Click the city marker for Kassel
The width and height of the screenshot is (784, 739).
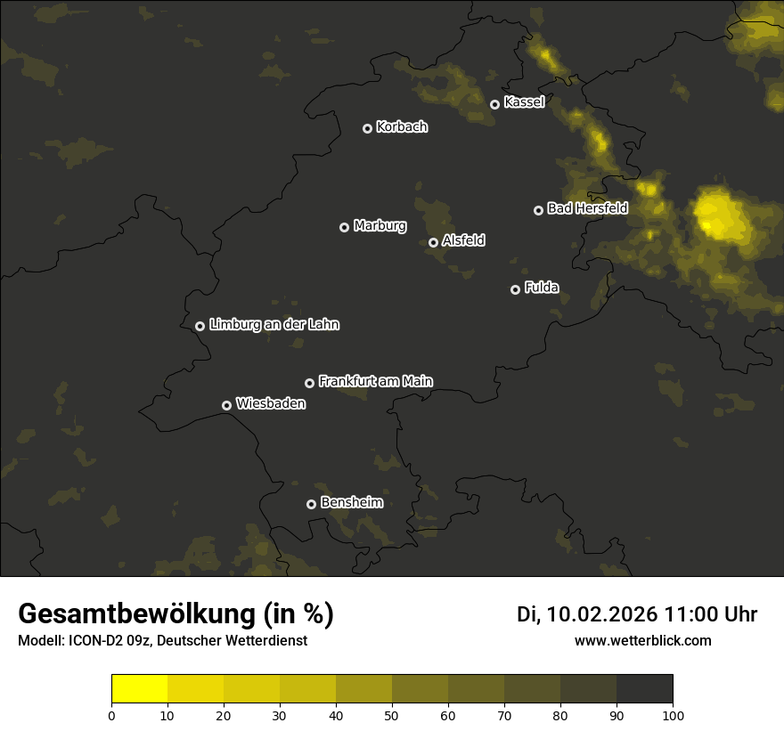[495, 104]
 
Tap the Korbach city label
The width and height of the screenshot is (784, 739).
[402, 126]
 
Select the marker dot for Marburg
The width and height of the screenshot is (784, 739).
[345, 227]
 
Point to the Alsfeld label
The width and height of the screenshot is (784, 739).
[463, 240]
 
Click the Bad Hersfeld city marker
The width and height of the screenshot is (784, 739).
[538, 210]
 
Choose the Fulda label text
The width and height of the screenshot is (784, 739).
[542, 288]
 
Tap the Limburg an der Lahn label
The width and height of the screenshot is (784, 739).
[274, 324]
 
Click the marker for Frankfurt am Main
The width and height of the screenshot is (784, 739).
[310, 383]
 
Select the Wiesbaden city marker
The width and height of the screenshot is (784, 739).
[227, 405]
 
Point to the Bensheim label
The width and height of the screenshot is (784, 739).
[352, 502]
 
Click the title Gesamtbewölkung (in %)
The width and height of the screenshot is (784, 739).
[176, 614]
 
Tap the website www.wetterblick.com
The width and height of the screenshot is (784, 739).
[643, 641]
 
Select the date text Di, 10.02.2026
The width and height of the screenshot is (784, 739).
[587, 614]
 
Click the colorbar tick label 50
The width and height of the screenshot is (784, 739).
[392, 715]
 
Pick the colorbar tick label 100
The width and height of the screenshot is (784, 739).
[673, 715]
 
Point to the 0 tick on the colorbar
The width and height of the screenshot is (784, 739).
[111, 715]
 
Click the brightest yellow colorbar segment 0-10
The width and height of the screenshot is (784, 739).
[140, 689]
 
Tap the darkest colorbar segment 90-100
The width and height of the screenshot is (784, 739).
[645, 689]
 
